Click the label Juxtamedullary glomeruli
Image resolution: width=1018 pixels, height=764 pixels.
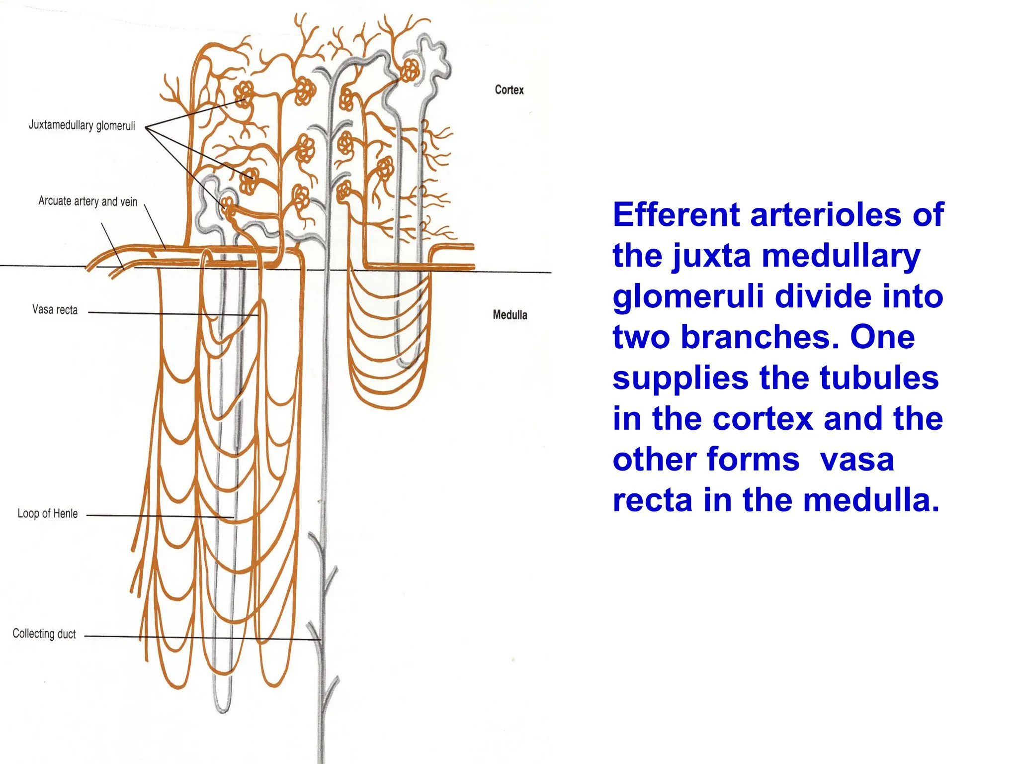82,125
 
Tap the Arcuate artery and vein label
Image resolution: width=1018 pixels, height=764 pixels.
88,201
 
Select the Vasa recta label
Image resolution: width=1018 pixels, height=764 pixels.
55,309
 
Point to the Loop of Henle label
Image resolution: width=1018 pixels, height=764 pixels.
48,513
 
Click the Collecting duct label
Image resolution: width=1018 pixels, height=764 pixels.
44,634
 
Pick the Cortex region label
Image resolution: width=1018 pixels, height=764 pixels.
509,90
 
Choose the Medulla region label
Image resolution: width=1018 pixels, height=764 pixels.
510,315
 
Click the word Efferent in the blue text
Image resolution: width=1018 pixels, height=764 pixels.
677,215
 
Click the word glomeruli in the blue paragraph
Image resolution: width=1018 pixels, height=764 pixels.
688,297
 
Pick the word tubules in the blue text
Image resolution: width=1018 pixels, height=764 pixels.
879,378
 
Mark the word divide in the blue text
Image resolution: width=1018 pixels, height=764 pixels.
823,296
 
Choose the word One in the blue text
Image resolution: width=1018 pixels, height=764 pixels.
882,337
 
